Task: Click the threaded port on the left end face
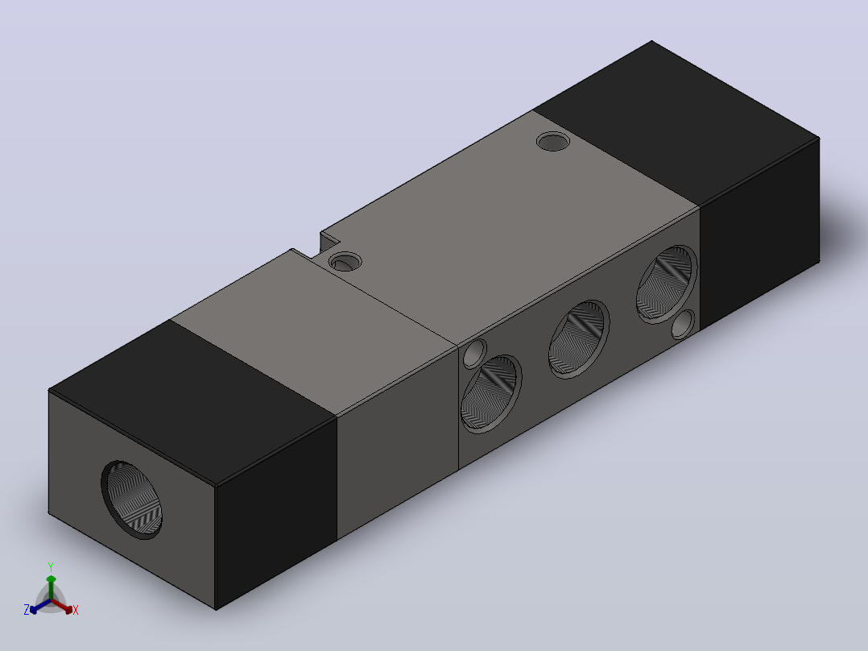(x=132, y=500)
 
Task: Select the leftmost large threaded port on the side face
(x=490, y=394)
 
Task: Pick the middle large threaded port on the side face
(x=579, y=339)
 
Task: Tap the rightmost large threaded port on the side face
(x=667, y=284)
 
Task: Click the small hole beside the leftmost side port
(x=474, y=354)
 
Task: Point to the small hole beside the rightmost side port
(x=683, y=324)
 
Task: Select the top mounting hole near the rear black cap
(x=553, y=141)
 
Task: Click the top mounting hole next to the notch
(x=345, y=262)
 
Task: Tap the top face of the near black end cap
(x=193, y=403)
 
